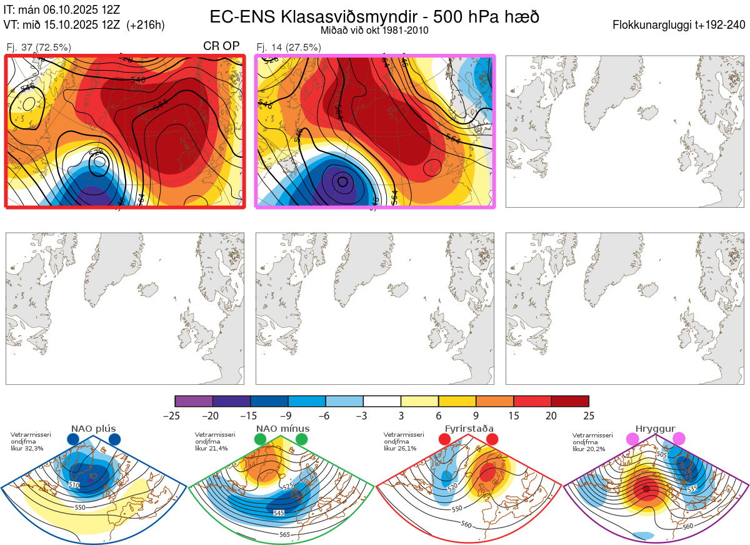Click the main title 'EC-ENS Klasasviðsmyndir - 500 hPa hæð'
coord(374,16)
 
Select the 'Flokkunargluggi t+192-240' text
coord(679,25)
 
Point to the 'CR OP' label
coord(222,46)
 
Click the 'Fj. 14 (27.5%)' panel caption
coord(289,47)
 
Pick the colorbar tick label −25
coord(176,415)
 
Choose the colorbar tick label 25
coord(589,415)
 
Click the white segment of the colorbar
coord(382,402)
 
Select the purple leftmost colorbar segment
coord(194,402)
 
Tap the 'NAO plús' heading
coord(94,429)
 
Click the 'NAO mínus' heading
coord(282,429)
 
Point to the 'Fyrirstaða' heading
coord(469,429)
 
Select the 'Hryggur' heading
coord(656,429)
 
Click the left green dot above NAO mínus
coord(261,439)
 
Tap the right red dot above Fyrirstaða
coord(492,439)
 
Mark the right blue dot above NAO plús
coord(114,439)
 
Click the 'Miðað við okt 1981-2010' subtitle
coord(374,31)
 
